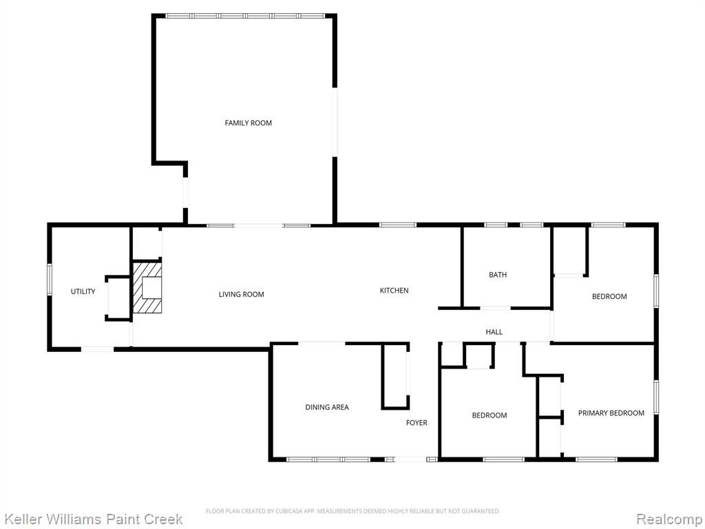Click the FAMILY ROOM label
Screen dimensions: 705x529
click(248, 123)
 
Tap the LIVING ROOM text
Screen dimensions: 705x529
click(242, 294)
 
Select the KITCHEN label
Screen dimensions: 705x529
click(394, 291)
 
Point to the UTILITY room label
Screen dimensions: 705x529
click(83, 291)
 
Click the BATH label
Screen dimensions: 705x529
click(498, 275)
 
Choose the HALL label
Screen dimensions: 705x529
click(494, 332)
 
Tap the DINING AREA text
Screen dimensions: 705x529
click(327, 407)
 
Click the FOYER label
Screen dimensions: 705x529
click(417, 422)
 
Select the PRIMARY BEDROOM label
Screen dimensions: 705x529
click(611, 413)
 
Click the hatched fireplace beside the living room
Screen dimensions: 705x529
click(147, 288)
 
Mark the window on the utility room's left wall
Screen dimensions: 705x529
click(50, 280)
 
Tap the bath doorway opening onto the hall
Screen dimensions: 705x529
click(495, 308)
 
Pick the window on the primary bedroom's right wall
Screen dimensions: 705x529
click(656, 397)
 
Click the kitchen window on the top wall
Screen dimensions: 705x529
click(398, 225)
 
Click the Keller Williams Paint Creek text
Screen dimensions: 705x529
click(93, 519)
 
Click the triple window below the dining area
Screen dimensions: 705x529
click(328, 459)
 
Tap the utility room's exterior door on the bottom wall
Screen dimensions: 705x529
click(98, 349)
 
